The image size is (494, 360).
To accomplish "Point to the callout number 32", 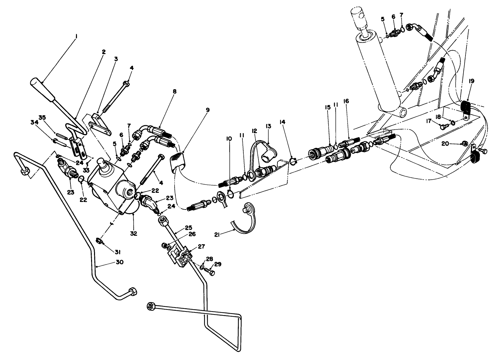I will (134, 233).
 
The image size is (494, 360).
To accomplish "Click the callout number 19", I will (471, 81).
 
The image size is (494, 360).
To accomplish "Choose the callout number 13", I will (269, 126).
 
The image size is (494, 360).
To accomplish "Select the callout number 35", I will (42, 117).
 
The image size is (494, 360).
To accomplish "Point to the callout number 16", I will (347, 101).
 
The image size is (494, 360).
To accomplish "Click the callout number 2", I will (104, 52).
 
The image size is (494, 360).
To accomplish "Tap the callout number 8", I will (175, 91).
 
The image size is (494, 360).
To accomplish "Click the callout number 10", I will (229, 139).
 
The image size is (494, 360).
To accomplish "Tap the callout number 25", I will (188, 227).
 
